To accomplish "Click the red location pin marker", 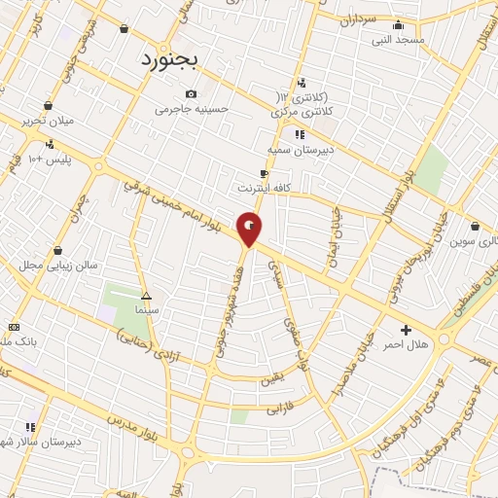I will tap(250, 229).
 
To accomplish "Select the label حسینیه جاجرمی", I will tap(192, 109).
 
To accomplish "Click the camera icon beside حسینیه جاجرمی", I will tap(191, 94).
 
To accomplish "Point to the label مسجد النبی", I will tap(397, 41).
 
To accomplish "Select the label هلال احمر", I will tap(406, 344).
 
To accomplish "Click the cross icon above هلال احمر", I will tap(406, 330).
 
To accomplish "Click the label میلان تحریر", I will tap(47, 123).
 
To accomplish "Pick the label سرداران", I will tap(356, 18).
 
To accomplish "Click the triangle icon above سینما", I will tap(146, 295).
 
